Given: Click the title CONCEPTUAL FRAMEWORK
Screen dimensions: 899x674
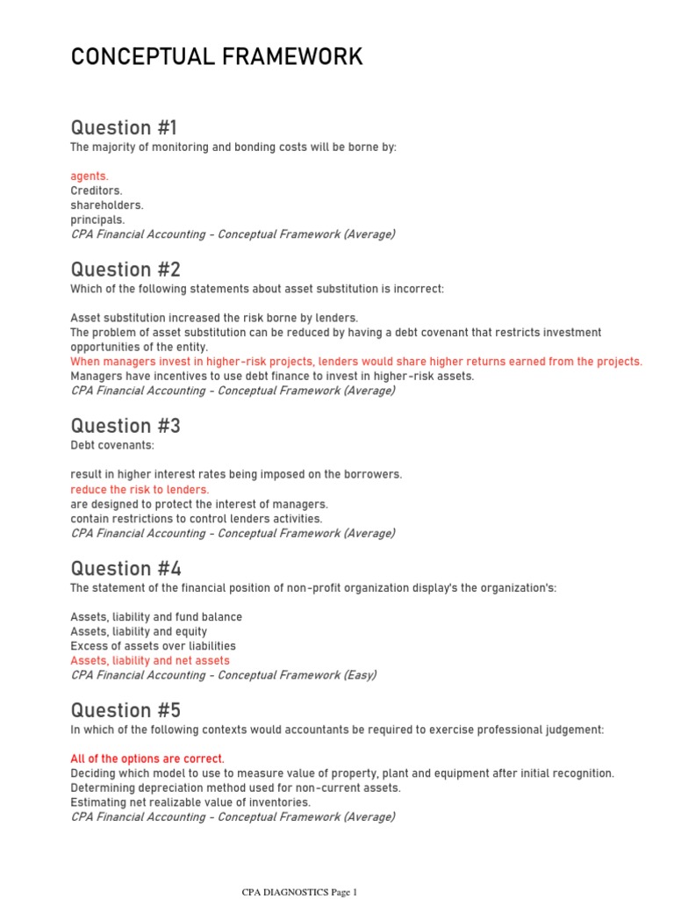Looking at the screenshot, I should [x=216, y=58].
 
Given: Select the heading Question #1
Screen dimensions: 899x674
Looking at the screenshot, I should [x=124, y=127].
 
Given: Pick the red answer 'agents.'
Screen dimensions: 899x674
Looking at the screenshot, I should [x=90, y=176].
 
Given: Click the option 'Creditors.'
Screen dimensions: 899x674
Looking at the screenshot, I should [x=97, y=191].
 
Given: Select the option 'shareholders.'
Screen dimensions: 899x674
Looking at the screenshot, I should [x=106, y=205].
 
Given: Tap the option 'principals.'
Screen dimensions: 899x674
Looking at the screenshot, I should [x=97, y=219].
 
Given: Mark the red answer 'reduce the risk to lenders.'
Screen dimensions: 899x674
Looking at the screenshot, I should [x=140, y=489].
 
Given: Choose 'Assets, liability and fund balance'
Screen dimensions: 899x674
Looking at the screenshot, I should [x=156, y=617].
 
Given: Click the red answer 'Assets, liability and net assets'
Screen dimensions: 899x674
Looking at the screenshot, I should [x=150, y=660].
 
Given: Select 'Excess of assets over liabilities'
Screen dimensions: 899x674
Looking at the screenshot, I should [x=153, y=646].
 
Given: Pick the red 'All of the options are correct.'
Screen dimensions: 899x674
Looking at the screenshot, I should [x=147, y=759].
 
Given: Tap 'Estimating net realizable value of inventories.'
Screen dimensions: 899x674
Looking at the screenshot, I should [x=190, y=802].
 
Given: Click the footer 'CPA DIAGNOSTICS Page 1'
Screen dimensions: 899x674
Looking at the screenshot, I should [x=300, y=892].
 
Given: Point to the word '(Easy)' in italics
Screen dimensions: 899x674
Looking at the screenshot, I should [x=359, y=675].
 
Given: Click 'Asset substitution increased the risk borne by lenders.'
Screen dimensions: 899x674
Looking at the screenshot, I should [x=214, y=318].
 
